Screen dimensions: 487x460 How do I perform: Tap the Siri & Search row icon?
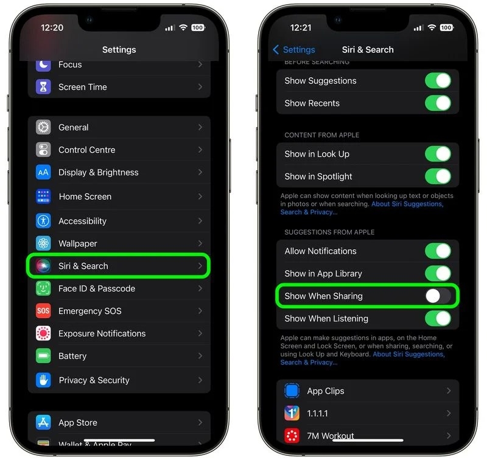pyautogui.click(x=43, y=266)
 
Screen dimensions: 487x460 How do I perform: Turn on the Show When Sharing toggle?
pyautogui.click(x=438, y=296)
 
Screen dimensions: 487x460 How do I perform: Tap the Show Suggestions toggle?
pyautogui.click(x=438, y=81)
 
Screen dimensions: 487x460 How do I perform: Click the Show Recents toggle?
pyautogui.click(x=438, y=103)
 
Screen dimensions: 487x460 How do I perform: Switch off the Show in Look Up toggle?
pyautogui.click(x=438, y=154)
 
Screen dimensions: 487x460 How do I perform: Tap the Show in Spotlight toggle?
pyautogui.click(x=438, y=177)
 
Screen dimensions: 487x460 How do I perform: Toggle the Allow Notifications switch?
pyautogui.click(x=438, y=251)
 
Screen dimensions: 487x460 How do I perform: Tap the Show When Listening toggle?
pyautogui.click(x=438, y=319)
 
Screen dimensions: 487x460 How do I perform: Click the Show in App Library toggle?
pyautogui.click(x=438, y=274)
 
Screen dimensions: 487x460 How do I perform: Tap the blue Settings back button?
pyautogui.click(x=294, y=50)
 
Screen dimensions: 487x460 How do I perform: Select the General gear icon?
pyautogui.click(x=43, y=127)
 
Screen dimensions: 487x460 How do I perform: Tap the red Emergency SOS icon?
pyautogui.click(x=43, y=311)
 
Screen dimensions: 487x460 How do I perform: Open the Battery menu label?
pyautogui.click(x=72, y=356)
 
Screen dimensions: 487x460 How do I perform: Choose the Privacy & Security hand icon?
pyautogui.click(x=43, y=380)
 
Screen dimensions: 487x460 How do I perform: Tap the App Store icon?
pyautogui.click(x=43, y=422)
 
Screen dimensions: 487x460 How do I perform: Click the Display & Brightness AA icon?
pyautogui.click(x=43, y=172)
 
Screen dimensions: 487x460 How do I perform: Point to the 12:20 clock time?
pyautogui.click(x=52, y=27)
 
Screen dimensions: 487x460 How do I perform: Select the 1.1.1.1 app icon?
pyautogui.click(x=292, y=413)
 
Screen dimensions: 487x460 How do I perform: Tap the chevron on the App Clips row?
pyautogui.click(x=449, y=391)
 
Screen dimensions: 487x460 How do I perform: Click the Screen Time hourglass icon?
pyautogui.click(x=43, y=87)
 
